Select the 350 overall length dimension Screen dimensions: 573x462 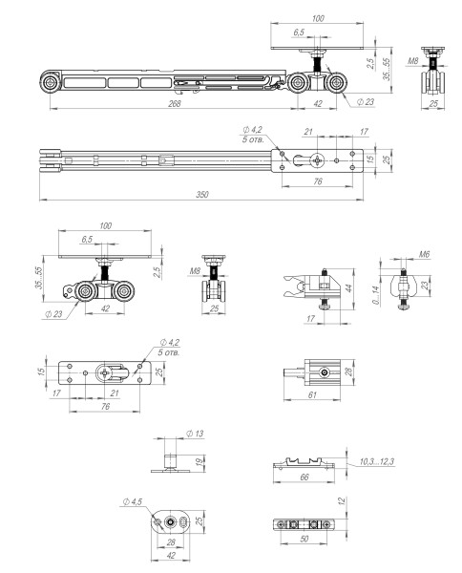[202, 194]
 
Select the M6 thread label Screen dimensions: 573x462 [424, 255]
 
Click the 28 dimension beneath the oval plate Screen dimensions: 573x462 [169, 542]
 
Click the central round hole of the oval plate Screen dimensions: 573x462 [169, 521]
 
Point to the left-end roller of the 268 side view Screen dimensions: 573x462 [47, 84]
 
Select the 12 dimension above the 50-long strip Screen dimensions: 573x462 [340, 500]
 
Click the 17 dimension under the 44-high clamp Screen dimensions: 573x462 [311, 319]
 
